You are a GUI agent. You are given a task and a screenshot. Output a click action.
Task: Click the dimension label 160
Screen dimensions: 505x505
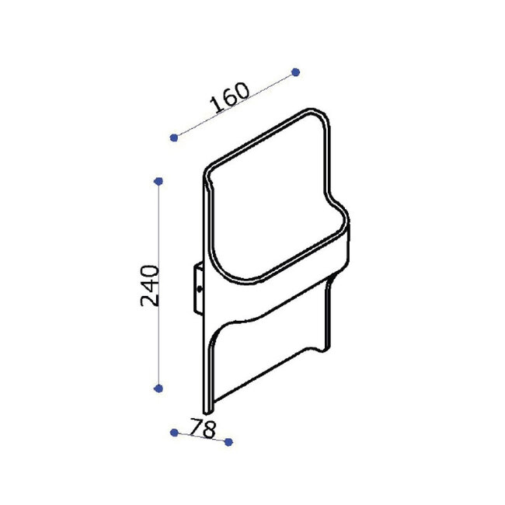(230, 97)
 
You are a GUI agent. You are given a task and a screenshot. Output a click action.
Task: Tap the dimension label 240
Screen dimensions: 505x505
(150, 285)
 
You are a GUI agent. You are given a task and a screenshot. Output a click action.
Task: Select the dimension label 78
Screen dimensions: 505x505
(203, 428)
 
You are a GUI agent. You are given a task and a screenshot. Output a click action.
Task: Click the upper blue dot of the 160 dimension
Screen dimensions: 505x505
(295, 72)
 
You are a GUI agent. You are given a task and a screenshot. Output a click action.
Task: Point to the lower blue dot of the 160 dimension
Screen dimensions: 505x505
(174, 138)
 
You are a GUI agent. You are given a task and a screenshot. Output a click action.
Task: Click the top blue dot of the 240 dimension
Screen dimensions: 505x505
(158, 181)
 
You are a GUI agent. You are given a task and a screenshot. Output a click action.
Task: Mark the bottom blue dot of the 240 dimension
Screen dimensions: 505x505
(158, 388)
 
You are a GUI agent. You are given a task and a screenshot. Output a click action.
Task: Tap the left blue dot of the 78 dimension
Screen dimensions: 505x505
(174, 433)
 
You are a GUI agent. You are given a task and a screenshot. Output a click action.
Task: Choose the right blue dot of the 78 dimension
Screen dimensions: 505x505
(228, 442)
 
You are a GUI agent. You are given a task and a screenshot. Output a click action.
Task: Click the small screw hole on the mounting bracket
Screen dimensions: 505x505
(200, 289)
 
